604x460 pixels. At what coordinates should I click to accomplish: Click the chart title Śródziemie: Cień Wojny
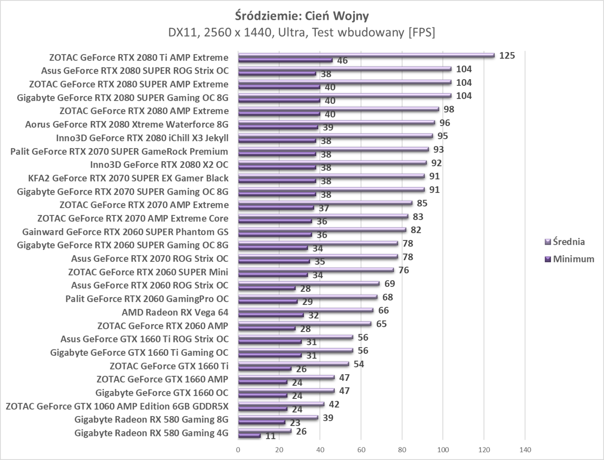[x=302, y=16]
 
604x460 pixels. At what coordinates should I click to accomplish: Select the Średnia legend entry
[x=569, y=242]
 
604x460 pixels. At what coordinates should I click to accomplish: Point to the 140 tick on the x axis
[x=525, y=450]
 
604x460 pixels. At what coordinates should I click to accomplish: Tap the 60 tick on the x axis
[x=361, y=450]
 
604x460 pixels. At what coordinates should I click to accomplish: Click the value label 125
[x=507, y=56]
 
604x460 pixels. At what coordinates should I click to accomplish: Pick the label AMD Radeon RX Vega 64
[x=175, y=312]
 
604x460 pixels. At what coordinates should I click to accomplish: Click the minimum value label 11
[x=270, y=436]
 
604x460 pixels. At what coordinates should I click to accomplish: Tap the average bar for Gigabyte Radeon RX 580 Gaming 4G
[x=264, y=431]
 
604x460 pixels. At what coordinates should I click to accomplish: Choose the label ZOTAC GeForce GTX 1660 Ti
[x=169, y=366]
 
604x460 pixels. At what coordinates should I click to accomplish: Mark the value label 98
[x=449, y=109]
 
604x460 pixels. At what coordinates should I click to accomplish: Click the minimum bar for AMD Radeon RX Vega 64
[x=271, y=315]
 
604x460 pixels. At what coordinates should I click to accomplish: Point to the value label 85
[x=422, y=203]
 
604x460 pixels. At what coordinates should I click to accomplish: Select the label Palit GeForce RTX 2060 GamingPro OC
[x=147, y=299]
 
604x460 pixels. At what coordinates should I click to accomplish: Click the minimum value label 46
[x=342, y=61]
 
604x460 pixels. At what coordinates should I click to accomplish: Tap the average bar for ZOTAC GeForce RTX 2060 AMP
[x=304, y=323]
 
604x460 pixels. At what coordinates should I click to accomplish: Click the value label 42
[x=334, y=404]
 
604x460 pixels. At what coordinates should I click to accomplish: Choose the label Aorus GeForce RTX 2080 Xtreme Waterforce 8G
[x=126, y=124]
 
